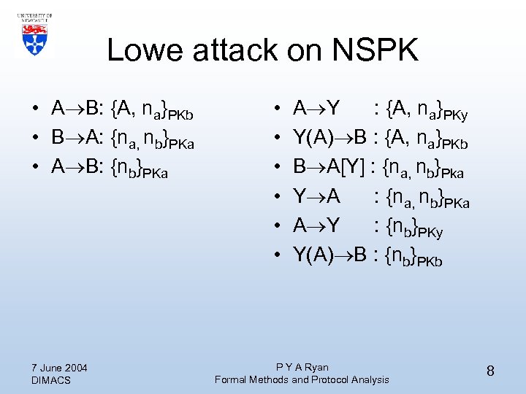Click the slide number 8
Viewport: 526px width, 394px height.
pyautogui.click(x=490, y=371)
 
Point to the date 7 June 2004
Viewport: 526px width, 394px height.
pyautogui.click(x=60, y=367)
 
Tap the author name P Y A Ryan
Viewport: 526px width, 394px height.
pyautogui.click(x=302, y=367)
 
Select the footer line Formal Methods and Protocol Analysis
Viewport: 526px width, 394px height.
pyautogui.click(x=302, y=379)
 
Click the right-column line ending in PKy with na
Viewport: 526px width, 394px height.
pyautogui.click(x=380, y=111)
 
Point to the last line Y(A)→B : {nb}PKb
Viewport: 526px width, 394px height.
pyautogui.click(x=367, y=255)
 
